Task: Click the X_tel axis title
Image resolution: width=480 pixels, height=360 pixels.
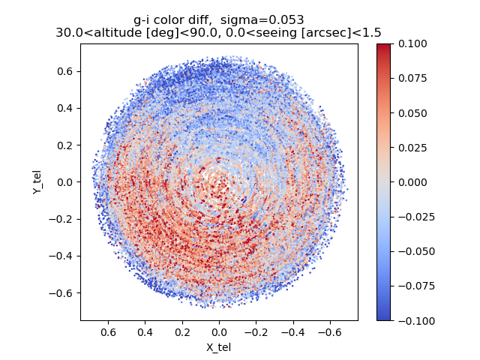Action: coord(219,347)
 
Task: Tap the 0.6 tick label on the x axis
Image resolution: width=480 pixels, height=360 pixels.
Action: coord(108,331)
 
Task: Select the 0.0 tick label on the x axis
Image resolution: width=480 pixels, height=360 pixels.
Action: coord(219,331)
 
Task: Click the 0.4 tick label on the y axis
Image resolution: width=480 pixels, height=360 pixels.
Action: coord(65,108)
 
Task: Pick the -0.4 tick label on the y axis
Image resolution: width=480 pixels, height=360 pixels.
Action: coord(62,256)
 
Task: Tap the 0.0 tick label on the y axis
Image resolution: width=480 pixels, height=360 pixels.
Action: coord(65,182)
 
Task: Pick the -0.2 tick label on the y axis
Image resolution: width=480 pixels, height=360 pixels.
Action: coord(62,219)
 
